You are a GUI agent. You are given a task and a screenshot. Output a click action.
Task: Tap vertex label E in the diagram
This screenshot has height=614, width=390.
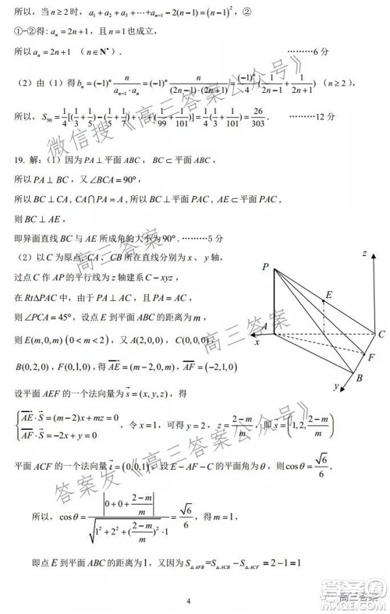click(x=328, y=294)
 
